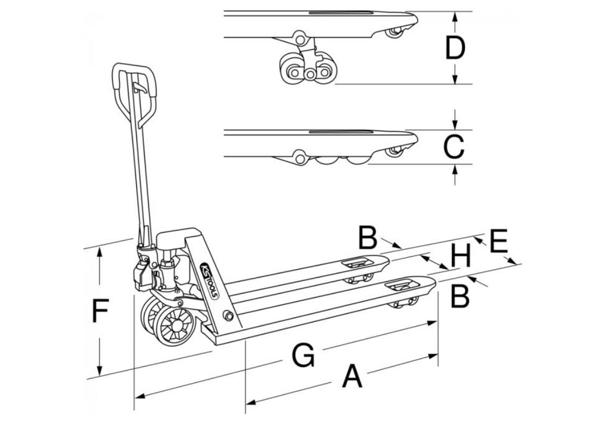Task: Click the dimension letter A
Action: click(x=352, y=377)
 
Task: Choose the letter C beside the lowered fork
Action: click(x=454, y=146)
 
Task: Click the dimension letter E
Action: click(x=498, y=242)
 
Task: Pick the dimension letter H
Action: click(x=461, y=256)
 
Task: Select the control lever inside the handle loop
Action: click(x=139, y=87)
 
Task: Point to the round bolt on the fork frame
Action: click(x=228, y=316)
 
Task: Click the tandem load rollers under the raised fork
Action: click(x=308, y=72)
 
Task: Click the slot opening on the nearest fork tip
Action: click(x=402, y=285)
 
